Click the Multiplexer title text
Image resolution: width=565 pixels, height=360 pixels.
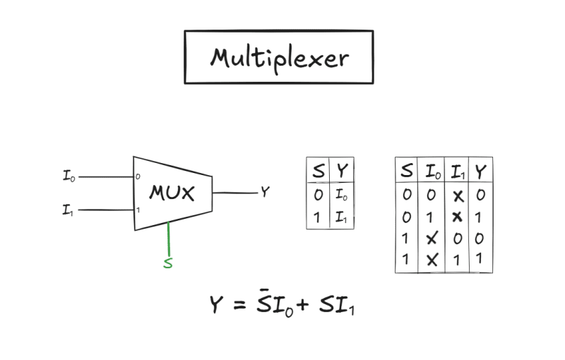[279, 57]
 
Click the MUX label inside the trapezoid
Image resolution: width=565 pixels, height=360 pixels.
[172, 193]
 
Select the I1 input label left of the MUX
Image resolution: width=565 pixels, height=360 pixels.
[68, 210]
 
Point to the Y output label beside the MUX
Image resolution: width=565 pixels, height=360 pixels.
[265, 192]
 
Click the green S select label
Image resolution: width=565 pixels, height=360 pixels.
[168, 263]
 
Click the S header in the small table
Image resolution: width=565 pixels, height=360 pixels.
[319, 171]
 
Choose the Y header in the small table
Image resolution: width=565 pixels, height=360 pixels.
[343, 171]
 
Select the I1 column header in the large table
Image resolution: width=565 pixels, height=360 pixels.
[458, 172]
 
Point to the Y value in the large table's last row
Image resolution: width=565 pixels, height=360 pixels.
[480, 260]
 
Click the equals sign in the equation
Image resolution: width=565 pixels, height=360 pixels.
[239, 305]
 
